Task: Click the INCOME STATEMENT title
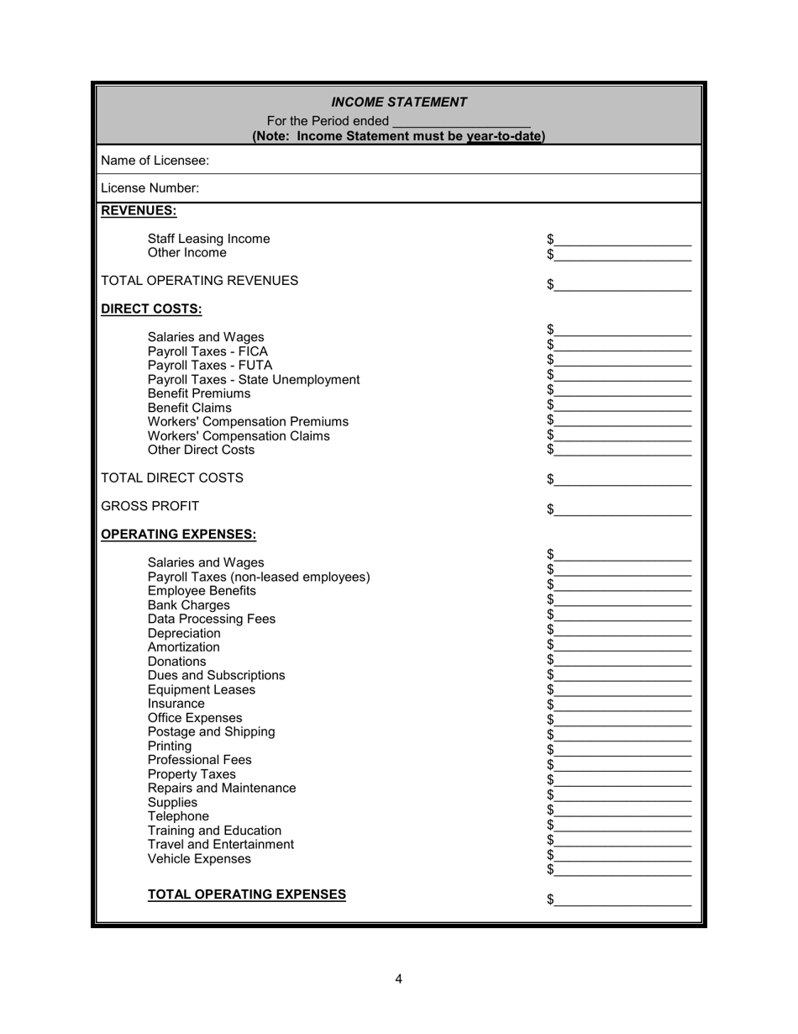click(x=399, y=103)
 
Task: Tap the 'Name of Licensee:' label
click(x=155, y=161)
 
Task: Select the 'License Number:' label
click(x=150, y=188)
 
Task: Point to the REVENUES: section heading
click(x=139, y=211)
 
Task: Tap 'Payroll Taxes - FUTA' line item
click(x=209, y=366)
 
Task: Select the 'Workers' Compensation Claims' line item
click(x=239, y=436)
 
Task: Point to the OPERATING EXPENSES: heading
click(x=178, y=535)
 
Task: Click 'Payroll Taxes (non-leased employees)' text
click(x=258, y=578)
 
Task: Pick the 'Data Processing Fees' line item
click(x=211, y=620)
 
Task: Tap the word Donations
click(x=176, y=662)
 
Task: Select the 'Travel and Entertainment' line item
click(x=220, y=845)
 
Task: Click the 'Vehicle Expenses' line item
click(x=198, y=859)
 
